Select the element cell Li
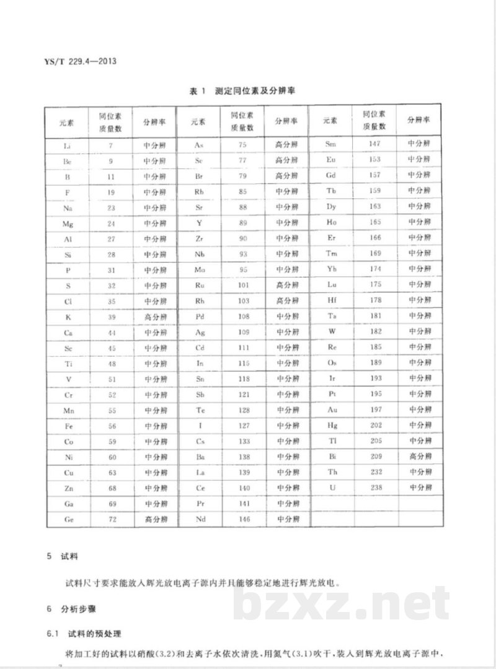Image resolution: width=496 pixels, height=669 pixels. (68, 145)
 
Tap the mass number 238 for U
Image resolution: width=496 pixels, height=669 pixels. (376, 488)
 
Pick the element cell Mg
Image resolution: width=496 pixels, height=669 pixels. (68, 223)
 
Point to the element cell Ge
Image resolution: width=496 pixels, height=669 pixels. (68, 520)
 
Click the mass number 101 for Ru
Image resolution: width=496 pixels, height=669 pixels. (244, 285)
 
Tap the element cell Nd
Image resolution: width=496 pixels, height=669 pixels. (200, 520)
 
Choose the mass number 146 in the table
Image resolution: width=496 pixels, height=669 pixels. (244, 520)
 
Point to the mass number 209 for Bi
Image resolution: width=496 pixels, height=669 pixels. (376, 456)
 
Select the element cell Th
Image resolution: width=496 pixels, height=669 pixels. (332, 472)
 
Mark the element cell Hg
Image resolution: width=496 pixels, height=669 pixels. (332, 425)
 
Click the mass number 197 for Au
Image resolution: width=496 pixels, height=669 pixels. (376, 409)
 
